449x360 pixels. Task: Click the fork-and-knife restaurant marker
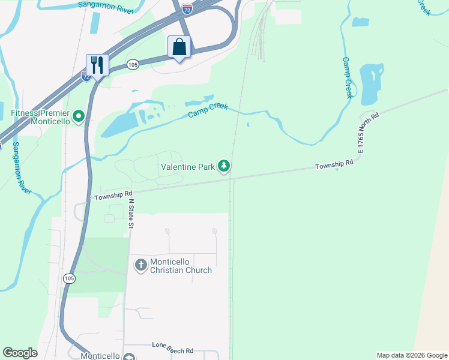click(97, 64)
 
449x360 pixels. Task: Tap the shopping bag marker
click(179, 47)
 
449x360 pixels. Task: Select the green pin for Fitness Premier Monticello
click(78, 116)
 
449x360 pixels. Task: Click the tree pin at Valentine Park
click(224, 166)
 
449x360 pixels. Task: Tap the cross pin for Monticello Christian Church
click(140, 265)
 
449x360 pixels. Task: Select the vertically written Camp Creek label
click(348, 78)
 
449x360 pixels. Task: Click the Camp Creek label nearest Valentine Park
click(208, 110)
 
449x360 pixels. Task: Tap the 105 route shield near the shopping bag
click(133, 64)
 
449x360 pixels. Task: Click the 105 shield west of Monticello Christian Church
click(69, 278)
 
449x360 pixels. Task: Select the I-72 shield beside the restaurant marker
click(87, 77)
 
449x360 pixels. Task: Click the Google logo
click(20, 353)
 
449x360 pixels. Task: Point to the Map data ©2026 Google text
click(412, 355)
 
